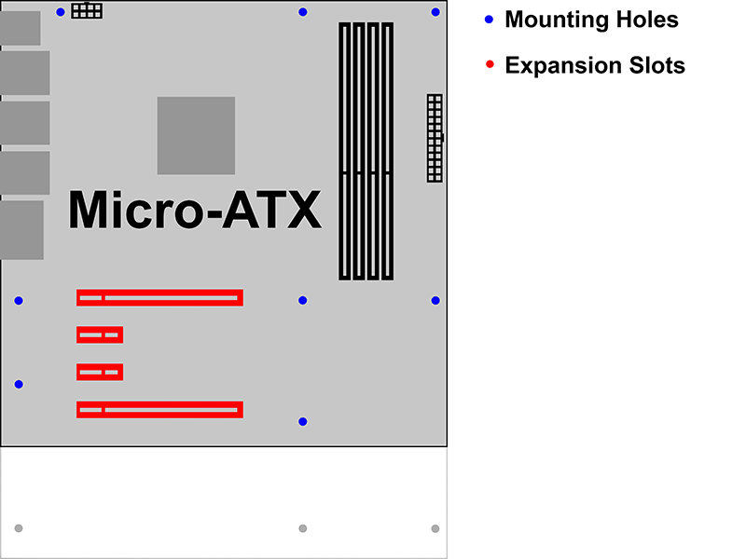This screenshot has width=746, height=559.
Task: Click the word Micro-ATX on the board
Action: (195, 210)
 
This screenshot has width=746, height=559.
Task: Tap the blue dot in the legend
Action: (489, 20)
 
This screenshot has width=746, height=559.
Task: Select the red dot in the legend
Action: (490, 64)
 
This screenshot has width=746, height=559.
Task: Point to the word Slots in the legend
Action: (657, 65)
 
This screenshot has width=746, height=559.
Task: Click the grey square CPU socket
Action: (196, 135)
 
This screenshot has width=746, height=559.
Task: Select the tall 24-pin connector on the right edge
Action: (435, 138)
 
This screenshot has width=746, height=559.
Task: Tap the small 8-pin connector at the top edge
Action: (87, 10)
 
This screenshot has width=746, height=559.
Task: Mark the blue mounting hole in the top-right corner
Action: (435, 12)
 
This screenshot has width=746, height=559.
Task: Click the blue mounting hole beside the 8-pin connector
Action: (61, 12)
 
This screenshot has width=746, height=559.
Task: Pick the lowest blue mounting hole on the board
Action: (302, 422)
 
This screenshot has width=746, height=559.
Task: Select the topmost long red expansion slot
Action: (159, 297)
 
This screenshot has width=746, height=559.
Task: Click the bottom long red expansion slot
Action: (159, 410)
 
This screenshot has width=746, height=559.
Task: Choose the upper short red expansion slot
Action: (100, 334)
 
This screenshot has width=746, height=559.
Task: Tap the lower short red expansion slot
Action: (100, 372)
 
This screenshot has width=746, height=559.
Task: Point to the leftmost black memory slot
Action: (345, 151)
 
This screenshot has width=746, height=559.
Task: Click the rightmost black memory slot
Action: (388, 151)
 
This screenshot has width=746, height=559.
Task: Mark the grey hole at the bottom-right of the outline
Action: (435, 528)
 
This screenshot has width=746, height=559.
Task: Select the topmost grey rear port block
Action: (20, 28)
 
